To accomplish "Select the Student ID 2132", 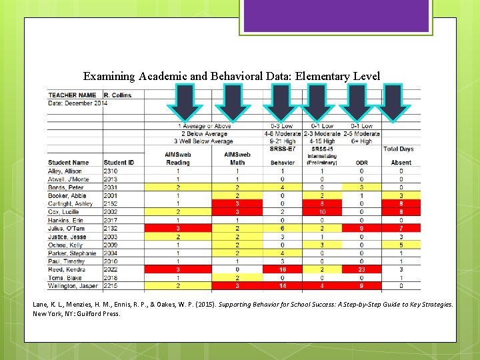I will click(111, 228).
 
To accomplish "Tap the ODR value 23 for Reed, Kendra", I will click(361, 269).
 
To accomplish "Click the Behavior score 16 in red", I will click(282, 269).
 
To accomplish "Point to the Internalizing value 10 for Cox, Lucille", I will click(322, 212).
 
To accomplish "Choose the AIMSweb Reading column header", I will click(177, 159).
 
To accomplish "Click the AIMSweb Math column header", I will click(237, 159).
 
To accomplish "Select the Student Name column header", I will click(69, 163).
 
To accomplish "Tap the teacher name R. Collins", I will click(117, 95).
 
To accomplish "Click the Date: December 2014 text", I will click(78, 103).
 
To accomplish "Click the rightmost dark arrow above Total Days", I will click(395, 103).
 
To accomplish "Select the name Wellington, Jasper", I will click(71, 286).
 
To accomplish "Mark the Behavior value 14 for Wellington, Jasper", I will click(282, 286).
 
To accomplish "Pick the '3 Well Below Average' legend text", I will click(203, 141).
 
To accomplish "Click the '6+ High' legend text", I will click(362, 141).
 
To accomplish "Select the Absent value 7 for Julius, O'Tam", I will click(401, 228).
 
